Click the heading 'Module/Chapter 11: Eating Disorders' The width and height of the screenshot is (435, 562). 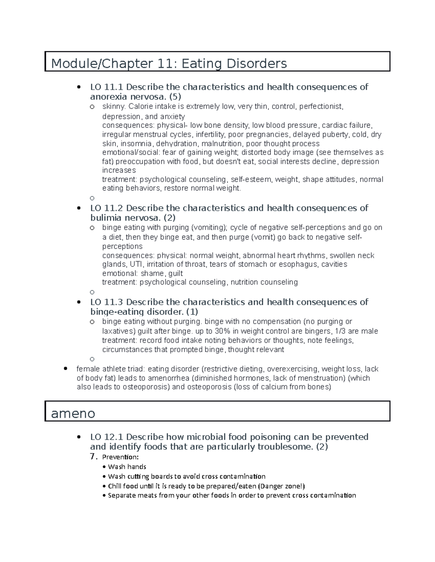tap(169, 64)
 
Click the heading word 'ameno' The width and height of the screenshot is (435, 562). tap(73, 413)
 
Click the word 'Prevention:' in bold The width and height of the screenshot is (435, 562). tap(120, 457)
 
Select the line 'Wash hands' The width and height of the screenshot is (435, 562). tap(127, 467)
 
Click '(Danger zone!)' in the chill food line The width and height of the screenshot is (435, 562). tap(278, 486)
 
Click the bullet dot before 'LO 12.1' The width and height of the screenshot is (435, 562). tap(79, 437)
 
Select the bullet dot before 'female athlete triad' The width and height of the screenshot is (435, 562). tap(66, 369)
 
